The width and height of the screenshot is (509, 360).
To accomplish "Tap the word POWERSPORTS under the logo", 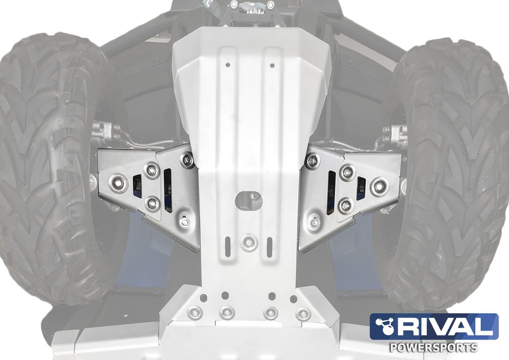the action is [x=433, y=348].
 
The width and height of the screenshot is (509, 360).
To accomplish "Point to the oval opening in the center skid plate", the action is [x=249, y=200].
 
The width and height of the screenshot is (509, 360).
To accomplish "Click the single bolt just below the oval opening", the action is [x=249, y=242].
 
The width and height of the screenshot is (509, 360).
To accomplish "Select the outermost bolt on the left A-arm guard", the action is [x=116, y=183].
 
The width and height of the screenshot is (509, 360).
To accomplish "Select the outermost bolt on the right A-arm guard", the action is [x=379, y=186].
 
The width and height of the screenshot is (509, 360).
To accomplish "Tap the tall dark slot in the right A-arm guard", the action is [x=332, y=192].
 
